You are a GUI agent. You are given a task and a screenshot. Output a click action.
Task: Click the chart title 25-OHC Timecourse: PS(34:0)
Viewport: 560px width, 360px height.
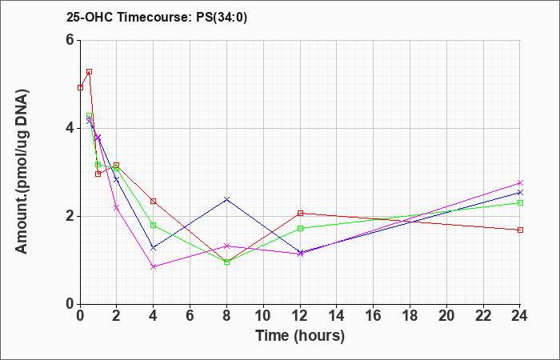pyautogui.click(x=157, y=17)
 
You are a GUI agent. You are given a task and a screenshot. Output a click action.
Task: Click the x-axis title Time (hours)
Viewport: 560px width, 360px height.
pyautogui.click(x=300, y=336)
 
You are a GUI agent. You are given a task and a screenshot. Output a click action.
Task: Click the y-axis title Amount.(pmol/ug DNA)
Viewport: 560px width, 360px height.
pyautogui.click(x=22, y=172)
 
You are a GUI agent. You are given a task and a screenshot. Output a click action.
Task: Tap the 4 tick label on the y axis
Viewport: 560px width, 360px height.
pyautogui.click(x=70, y=128)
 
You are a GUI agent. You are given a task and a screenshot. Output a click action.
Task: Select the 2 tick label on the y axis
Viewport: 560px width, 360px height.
pyautogui.click(x=70, y=216)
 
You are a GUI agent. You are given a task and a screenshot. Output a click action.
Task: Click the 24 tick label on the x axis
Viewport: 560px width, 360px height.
pyautogui.click(x=519, y=316)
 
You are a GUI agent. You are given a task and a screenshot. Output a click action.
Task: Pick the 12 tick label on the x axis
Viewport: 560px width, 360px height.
pyautogui.click(x=300, y=316)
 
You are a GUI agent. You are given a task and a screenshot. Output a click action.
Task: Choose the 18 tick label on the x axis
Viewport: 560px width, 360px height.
pyautogui.click(x=410, y=316)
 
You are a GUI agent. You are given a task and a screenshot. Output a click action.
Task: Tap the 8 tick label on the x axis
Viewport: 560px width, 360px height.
pyautogui.click(x=226, y=316)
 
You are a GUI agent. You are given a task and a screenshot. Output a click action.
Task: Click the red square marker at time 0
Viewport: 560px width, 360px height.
pyautogui.click(x=81, y=87)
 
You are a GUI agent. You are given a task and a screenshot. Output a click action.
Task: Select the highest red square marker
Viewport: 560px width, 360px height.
pyautogui.click(x=90, y=72)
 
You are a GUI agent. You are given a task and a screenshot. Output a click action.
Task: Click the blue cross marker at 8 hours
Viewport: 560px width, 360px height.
pyautogui.click(x=226, y=199)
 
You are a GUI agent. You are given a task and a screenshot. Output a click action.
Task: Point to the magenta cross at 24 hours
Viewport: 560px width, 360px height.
pyautogui.click(x=520, y=183)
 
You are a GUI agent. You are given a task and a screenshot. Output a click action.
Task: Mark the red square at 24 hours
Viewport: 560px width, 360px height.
pyautogui.click(x=520, y=230)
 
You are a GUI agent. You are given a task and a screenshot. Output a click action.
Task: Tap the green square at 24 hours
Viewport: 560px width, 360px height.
pyautogui.click(x=520, y=203)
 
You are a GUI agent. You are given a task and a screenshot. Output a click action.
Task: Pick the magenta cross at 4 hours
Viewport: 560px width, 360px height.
pyautogui.click(x=154, y=266)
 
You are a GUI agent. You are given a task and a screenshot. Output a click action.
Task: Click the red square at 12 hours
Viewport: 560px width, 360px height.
pyautogui.click(x=300, y=214)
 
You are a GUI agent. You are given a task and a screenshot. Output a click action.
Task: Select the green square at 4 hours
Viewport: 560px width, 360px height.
pyautogui.click(x=154, y=225)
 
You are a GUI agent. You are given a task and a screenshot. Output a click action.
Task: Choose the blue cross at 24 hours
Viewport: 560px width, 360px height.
pyautogui.click(x=520, y=193)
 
